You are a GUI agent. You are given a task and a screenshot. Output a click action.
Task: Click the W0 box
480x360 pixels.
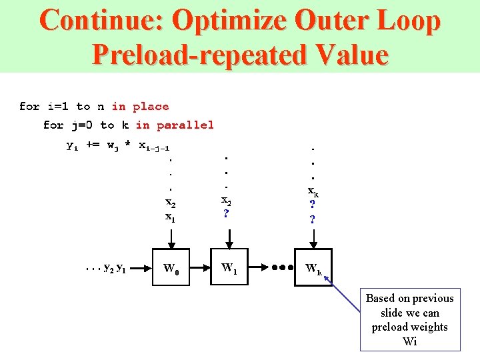point(171,269)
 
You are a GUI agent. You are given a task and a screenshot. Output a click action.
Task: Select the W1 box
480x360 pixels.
point(229,269)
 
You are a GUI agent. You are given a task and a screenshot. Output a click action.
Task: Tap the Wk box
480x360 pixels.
point(313,269)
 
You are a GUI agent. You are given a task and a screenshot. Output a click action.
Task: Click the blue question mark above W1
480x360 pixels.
point(227,214)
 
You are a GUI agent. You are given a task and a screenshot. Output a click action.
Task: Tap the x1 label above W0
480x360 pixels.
point(171,217)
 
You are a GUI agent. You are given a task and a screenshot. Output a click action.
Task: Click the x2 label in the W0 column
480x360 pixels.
point(171,203)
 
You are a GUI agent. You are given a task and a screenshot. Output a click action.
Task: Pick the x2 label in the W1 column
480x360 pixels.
point(227,200)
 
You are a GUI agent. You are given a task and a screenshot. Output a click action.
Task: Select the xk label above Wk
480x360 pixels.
point(313,192)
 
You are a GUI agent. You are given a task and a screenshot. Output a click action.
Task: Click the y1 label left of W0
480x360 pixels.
point(122,269)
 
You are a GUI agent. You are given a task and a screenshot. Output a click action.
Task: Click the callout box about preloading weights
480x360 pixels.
point(410,320)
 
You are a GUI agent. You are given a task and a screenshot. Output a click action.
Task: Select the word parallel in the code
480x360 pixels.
point(185,125)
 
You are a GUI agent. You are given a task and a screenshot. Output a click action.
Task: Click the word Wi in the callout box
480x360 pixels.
point(410,341)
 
